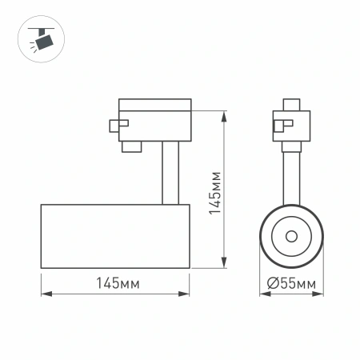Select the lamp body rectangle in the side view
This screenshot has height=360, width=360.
tap(114, 236)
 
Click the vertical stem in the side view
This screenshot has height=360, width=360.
tap(168, 172)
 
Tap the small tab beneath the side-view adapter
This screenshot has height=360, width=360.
tap(130, 146)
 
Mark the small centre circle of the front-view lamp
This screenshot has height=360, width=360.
tap(290, 236)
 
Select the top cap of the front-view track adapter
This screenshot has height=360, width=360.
tap(290, 105)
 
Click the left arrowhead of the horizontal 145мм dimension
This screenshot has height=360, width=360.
tap(43, 294)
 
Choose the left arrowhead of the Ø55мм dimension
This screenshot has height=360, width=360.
tap(262, 294)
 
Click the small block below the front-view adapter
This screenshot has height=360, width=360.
tap(290, 146)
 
